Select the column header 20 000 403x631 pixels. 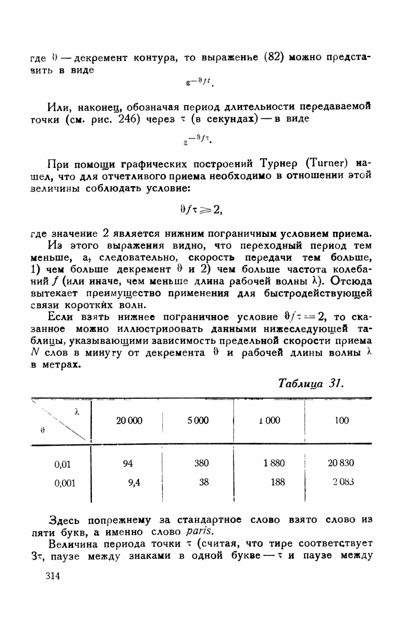point(129,420)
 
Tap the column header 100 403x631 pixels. point(342,420)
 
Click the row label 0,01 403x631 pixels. point(62,463)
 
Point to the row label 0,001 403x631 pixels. point(64,483)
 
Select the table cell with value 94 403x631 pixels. point(127,463)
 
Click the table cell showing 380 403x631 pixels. point(201,463)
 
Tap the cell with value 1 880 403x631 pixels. point(274,463)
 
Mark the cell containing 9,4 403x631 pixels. point(134,483)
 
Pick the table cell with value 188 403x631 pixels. point(278,483)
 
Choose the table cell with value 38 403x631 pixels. point(204,483)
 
